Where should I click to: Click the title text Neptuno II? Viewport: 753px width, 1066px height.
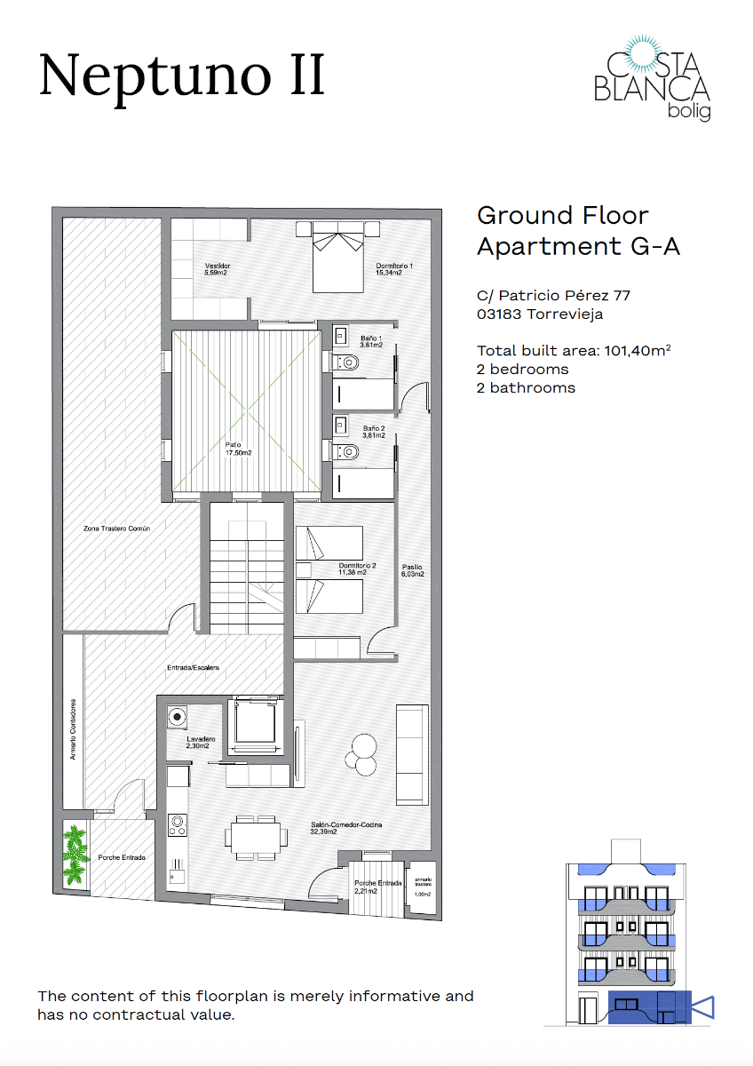click(182, 76)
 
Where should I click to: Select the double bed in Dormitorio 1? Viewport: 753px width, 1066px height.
click(337, 258)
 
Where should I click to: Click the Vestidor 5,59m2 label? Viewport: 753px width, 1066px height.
click(217, 269)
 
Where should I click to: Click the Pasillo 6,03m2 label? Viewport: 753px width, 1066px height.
click(413, 570)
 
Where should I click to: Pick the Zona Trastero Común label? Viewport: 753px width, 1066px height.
click(116, 528)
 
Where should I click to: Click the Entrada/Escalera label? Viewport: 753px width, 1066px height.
click(193, 667)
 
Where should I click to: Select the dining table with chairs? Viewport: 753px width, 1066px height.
click(257, 835)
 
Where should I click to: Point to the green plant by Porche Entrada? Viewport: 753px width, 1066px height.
click(75, 855)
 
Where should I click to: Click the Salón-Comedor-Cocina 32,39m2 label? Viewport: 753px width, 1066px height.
click(346, 829)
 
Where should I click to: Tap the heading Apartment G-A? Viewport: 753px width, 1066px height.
click(578, 246)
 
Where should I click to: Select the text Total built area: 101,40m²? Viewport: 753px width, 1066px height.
click(573, 350)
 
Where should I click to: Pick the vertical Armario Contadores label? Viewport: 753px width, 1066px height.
click(74, 729)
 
